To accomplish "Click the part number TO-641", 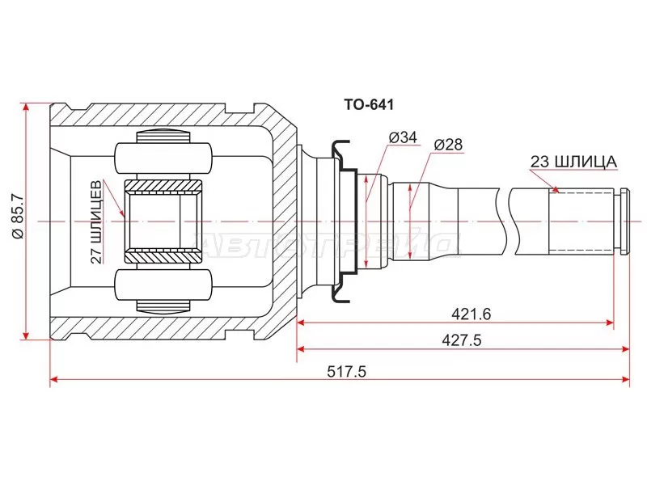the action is [369, 105].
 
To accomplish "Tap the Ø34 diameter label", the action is [403, 137].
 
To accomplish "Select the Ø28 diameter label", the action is [448, 145].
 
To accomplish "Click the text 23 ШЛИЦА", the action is [573, 162].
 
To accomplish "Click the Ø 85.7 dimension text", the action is [18, 221].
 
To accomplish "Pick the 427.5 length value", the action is [462, 340].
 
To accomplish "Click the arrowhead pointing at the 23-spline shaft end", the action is [556, 189].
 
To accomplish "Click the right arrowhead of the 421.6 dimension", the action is [609, 323].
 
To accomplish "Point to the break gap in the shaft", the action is [505, 221].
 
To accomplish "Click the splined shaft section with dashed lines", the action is [581, 221].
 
